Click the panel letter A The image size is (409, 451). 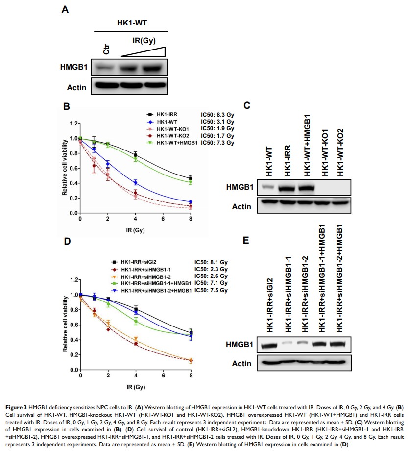tap(65, 9)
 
